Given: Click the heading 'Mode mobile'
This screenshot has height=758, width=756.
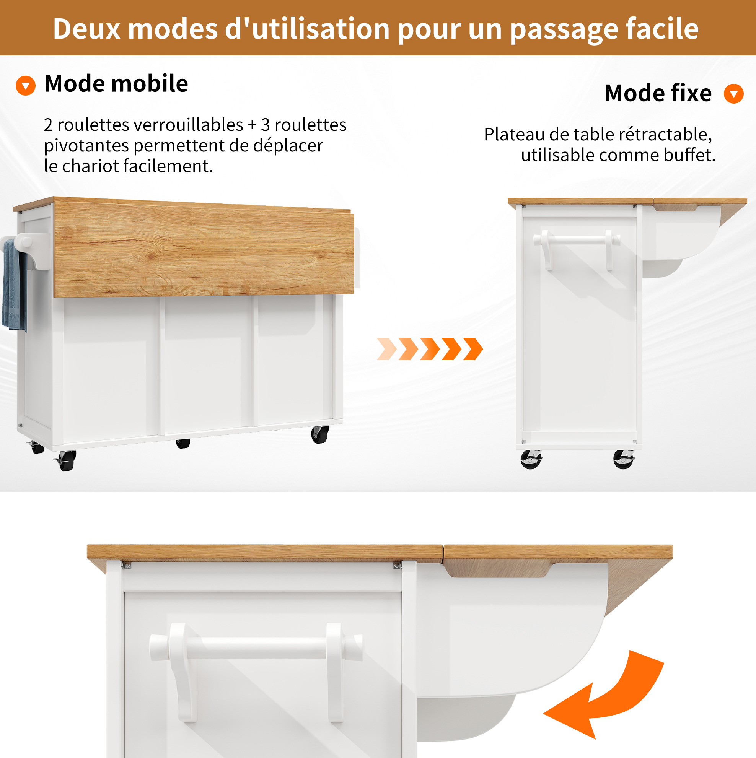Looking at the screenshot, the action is pyautogui.click(x=116, y=84).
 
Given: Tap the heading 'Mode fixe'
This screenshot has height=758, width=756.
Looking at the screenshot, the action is pyautogui.click(x=658, y=93).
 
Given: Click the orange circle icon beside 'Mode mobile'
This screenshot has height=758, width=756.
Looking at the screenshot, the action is pyautogui.click(x=26, y=86).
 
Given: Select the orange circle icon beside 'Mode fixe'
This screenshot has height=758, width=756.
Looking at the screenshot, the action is pyautogui.click(x=734, y=94).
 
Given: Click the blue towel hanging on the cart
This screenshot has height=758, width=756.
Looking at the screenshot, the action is pyautogui.click(x=14, y=285).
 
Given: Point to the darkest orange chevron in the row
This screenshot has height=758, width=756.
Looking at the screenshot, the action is pyautogui.click(x=473, y=349).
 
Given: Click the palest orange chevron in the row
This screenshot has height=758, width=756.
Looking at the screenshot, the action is pyautogui.click(x=387, y=349).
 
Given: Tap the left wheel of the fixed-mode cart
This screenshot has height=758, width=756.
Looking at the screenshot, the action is pyautogui.click(x=531, y=459).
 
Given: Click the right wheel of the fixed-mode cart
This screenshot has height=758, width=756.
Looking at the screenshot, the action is pyautogui.click(x=624, y=459).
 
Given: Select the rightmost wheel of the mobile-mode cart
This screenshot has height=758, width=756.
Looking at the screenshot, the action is pyautogui.click(x=320, y=434).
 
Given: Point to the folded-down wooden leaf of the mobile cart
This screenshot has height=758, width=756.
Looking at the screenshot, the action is pyautogui.click(x=204, y=249).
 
